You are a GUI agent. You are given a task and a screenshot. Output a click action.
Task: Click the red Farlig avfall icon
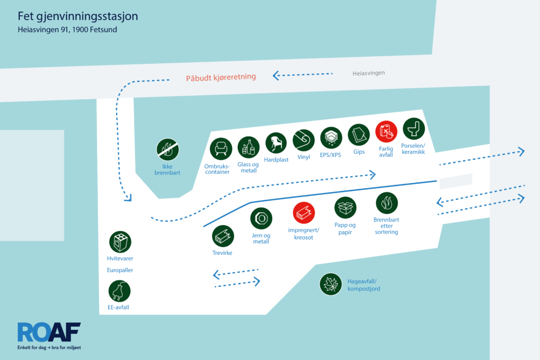point(386,131)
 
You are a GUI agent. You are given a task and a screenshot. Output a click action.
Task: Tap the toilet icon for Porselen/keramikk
point(413,129)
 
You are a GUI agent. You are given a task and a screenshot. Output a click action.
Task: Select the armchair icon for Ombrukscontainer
point(221,149)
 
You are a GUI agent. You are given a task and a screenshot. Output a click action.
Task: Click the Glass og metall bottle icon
point(248,147)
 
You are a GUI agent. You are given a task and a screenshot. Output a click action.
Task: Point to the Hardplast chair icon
point(276,143)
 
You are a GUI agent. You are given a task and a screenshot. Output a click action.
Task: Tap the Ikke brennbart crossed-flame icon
point(167,149)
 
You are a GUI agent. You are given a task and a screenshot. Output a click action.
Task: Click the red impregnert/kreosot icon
point(304,213)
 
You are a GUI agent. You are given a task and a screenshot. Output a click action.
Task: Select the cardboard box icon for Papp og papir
point(345,208)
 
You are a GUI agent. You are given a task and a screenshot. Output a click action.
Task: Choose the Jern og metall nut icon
point(261,218)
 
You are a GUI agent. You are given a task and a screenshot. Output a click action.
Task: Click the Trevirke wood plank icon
point(223,236)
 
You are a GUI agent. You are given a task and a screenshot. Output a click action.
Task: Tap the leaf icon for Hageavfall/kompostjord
point(331,285)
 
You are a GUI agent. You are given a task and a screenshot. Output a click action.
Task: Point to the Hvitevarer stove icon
point(120,242)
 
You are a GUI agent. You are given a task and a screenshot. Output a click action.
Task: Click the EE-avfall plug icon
point(119,291)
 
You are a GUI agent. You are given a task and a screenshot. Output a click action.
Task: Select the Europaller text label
point(120,270)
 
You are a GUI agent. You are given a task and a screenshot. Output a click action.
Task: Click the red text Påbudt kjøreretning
point(221,77)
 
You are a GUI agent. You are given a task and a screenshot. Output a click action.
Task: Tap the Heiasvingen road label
point(369,73)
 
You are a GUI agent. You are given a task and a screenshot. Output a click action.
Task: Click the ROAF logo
point(49,336)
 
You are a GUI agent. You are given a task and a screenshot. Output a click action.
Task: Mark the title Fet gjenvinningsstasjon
point(78,16)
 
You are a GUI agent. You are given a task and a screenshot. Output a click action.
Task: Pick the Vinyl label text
point(304,157)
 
